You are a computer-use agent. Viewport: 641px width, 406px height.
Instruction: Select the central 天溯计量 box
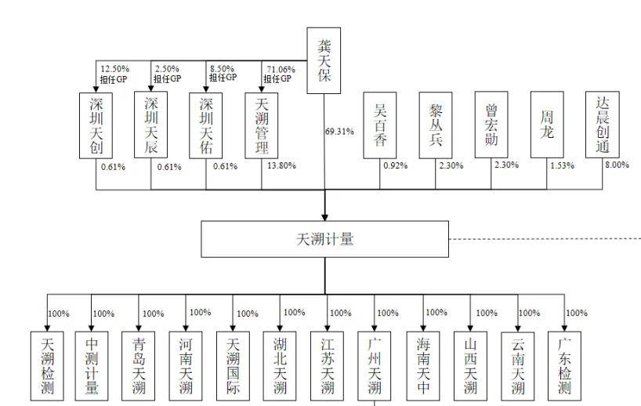tap(324, 239)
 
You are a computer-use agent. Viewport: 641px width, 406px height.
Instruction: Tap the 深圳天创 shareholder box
tap(96, 125)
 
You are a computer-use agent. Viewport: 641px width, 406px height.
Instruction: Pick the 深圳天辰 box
tap(151, 125)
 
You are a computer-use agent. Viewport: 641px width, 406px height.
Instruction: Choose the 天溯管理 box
tap(263, 125)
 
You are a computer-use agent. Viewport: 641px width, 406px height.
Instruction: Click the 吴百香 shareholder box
tap(380, 125)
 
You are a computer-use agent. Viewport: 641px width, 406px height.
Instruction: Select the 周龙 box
tap(547, 125)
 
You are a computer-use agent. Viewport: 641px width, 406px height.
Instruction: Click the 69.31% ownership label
tap(339, 131)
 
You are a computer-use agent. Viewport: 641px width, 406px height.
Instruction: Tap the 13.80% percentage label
tap(282, 166)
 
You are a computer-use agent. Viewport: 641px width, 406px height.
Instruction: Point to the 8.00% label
tap(617, 165)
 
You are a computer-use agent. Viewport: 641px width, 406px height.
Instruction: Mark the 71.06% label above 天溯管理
tap(279, 69)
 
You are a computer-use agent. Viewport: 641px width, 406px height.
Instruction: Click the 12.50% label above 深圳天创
tap(114, 69)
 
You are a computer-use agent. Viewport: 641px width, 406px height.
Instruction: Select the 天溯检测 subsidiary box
tap(47, 366)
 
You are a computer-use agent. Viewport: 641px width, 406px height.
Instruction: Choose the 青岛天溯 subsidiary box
tap(138, 366)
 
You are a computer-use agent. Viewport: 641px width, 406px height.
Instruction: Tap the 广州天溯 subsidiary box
tap(374, 366)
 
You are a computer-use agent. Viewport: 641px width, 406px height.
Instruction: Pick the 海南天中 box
tap(422, 366)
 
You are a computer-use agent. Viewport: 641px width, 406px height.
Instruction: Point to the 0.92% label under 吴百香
tap(394, 166)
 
